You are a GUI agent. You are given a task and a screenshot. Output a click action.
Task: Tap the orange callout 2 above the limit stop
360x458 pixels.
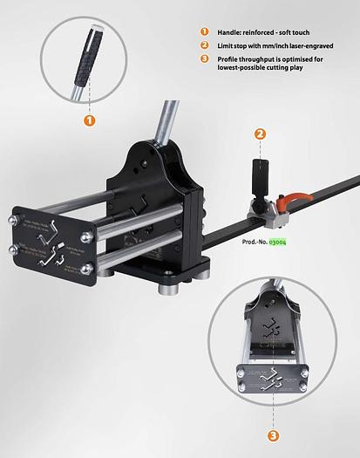(259, 133)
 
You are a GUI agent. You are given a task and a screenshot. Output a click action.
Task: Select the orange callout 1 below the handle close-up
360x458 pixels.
(88, 120)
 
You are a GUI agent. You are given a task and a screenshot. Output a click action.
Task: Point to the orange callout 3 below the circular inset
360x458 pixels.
(273, 434)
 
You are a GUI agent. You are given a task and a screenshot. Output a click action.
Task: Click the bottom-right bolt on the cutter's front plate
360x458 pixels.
(87, 270)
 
